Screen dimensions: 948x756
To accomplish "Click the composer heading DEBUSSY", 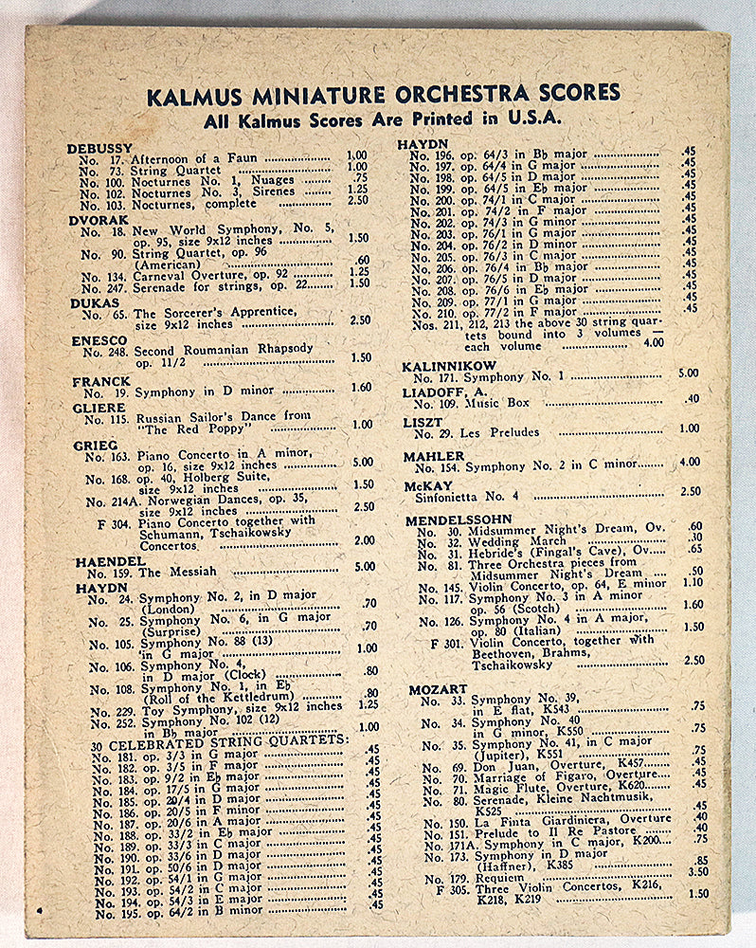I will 99,149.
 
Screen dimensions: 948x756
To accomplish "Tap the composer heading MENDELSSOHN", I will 459,520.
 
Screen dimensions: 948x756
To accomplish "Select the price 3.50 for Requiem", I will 698,871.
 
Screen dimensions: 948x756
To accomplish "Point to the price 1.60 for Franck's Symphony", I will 361,387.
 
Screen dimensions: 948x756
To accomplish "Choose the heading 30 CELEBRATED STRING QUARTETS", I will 221,738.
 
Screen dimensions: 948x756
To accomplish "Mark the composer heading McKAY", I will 427,485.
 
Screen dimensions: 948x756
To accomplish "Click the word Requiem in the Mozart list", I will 492,879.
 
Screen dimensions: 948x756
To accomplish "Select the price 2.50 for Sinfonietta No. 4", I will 690,491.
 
